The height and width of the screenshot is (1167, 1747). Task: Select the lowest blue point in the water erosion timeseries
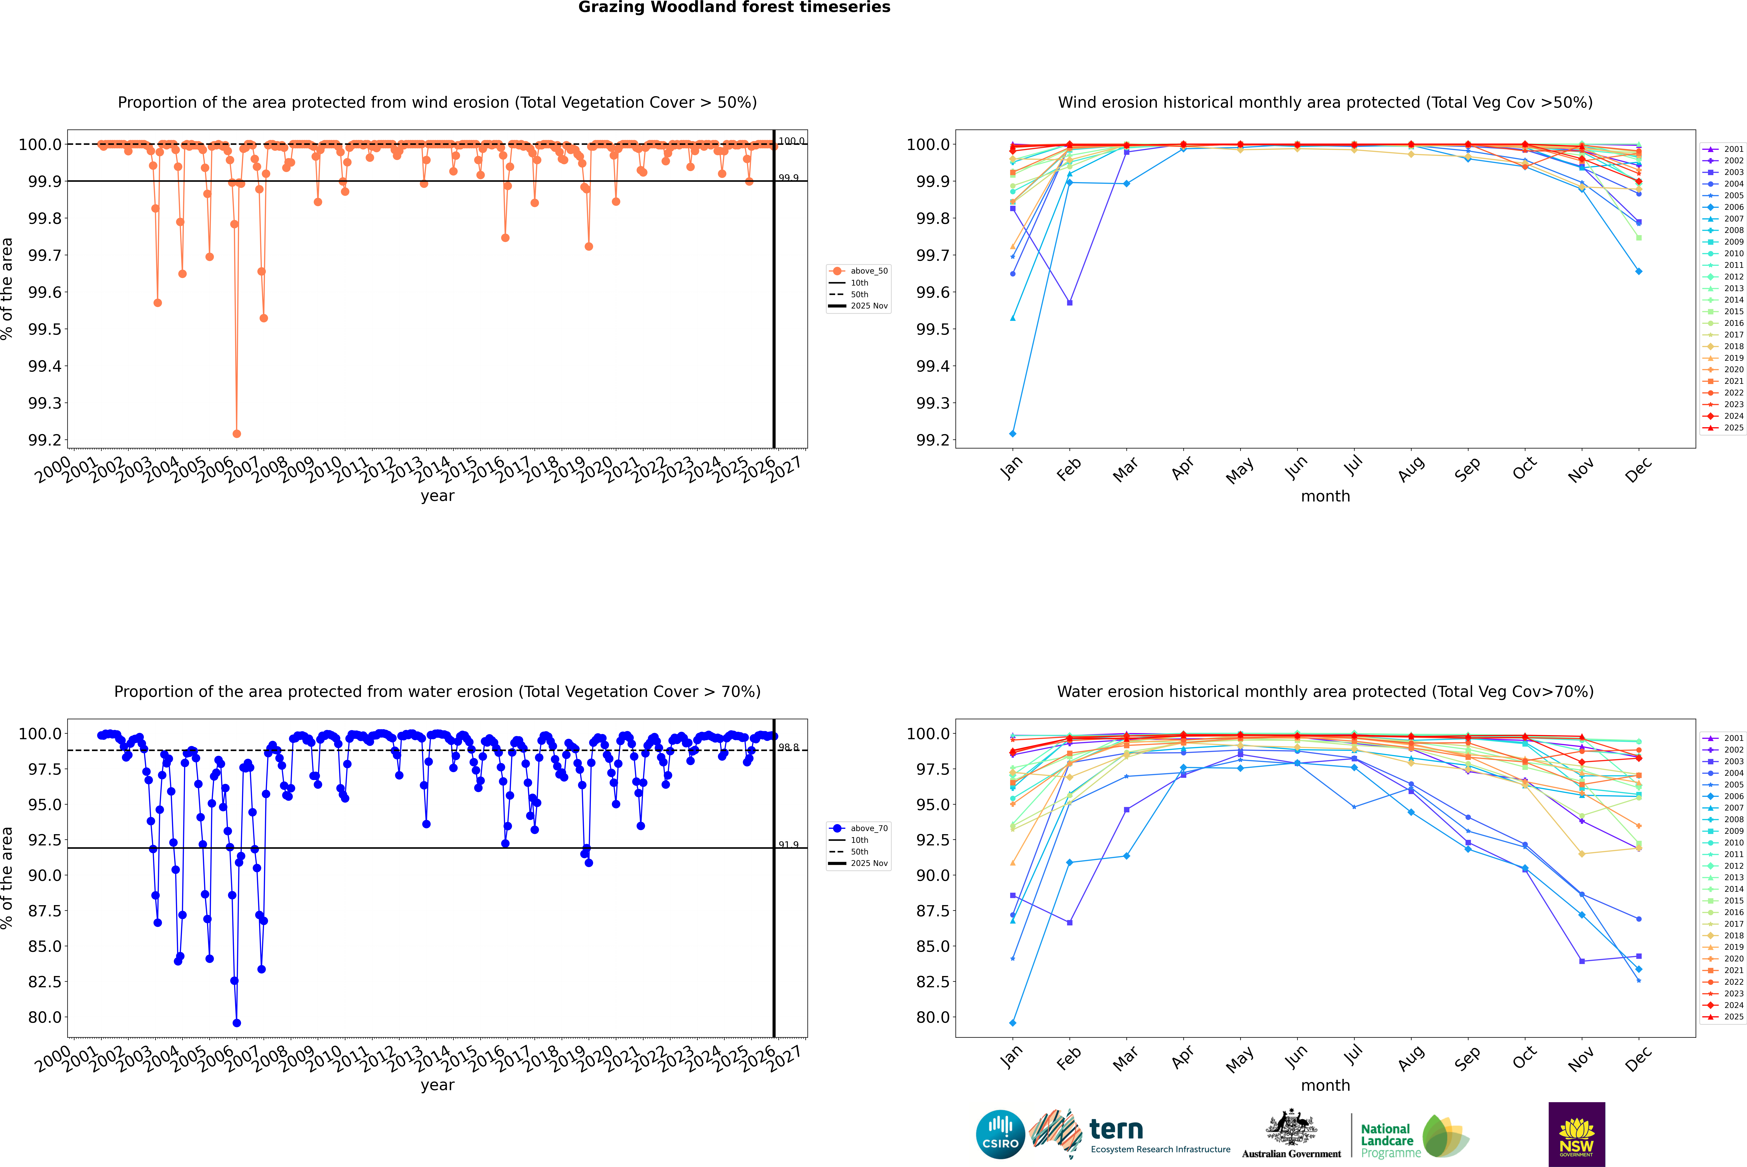tap(237, 1023)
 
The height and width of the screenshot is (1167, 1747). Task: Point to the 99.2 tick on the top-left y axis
tap(45, 440)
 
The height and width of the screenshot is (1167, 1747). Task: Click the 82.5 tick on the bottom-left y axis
tap(45, 982)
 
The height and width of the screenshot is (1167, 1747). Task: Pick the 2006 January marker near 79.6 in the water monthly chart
tap(1013, 1023)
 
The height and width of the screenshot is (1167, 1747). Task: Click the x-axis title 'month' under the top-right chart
tap(1325, 497)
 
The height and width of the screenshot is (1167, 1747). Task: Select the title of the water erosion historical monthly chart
tap(1325, 691)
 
